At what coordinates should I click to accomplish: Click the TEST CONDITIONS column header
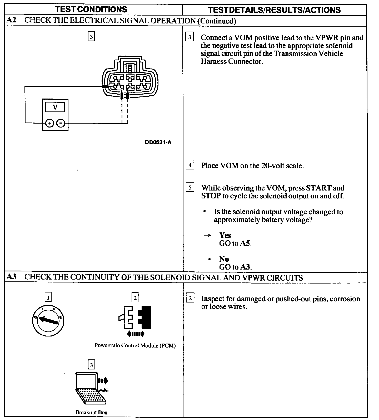[92, 10]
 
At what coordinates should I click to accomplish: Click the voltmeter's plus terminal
[49, 123]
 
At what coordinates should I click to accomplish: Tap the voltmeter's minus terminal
[61, 123]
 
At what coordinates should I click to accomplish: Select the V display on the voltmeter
[55, 107]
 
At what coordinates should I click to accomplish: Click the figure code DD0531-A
[158, 143]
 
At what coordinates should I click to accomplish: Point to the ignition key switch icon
[48, 320]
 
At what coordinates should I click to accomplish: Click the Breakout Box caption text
[91, 412]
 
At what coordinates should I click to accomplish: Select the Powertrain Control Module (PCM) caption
[135, 345]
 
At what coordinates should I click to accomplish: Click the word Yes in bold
[225, 235]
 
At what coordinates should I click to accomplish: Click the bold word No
[224, 259]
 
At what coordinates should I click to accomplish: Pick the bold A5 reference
[245, 243]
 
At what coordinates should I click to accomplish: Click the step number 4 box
[190, 165]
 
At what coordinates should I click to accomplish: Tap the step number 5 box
[190, 188]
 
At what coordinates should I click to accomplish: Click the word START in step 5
[318, 188]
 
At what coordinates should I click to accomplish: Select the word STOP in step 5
[211, 196]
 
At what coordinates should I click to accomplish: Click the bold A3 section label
[11, 277]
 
